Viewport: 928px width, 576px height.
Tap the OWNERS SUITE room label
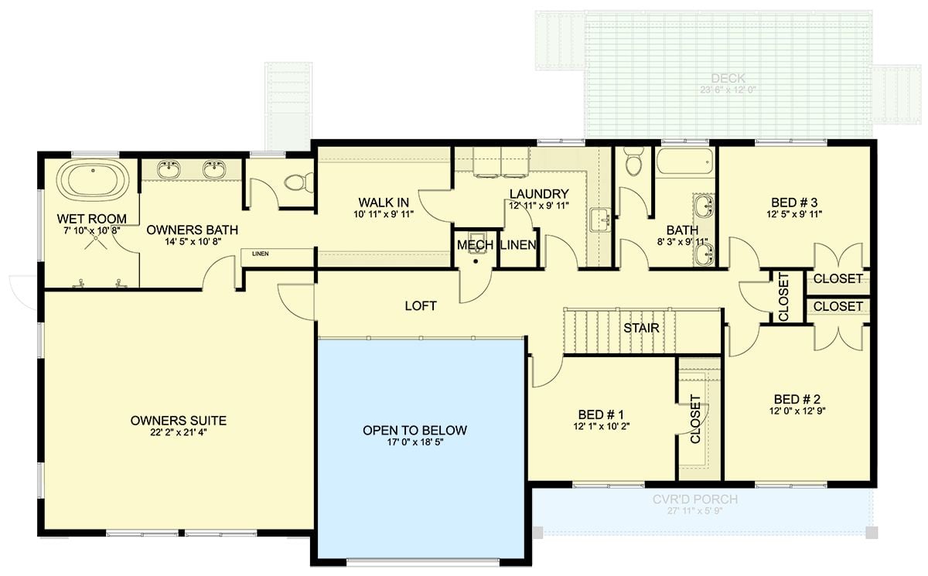179,421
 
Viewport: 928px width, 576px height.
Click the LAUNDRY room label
539,194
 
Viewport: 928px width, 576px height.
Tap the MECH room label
475,245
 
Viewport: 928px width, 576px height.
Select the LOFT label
421,306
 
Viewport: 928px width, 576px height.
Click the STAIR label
642,328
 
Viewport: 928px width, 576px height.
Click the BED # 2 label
796,399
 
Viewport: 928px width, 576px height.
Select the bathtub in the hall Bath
684,163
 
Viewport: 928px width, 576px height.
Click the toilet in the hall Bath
633,165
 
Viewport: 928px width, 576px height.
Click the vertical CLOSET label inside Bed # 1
694,419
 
